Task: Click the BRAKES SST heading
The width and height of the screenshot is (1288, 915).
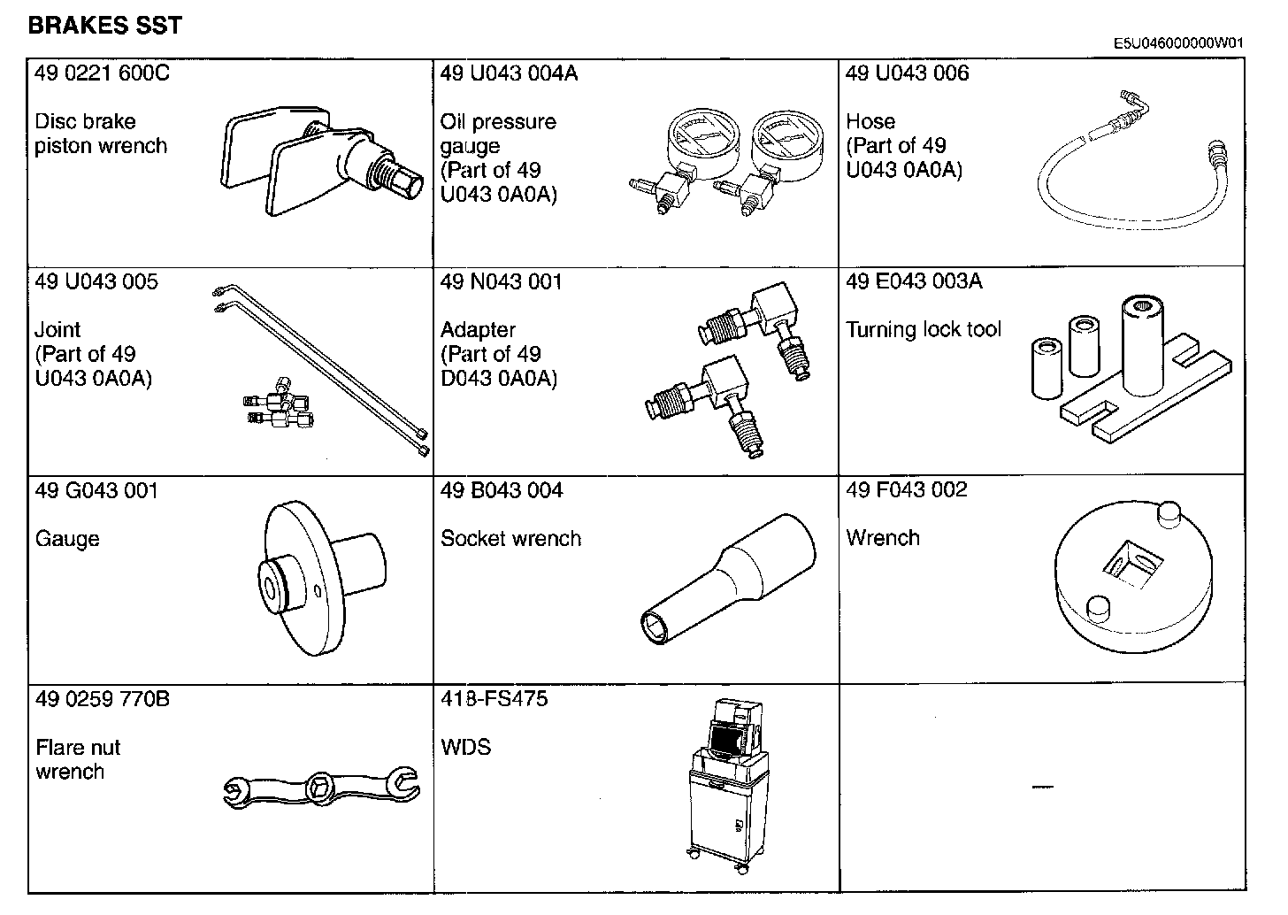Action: (104, 26)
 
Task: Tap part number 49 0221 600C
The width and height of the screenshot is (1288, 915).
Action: (102, 73)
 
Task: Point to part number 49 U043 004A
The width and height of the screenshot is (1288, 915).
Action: (509, 73)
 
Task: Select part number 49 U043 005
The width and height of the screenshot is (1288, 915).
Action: (96, 282)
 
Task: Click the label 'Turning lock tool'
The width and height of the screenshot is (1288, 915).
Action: (924, 330)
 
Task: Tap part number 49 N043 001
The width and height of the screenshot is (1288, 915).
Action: (501, 282)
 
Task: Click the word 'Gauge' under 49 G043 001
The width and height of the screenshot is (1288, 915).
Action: (67, 539)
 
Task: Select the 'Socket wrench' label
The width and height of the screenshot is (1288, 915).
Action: (510, 539)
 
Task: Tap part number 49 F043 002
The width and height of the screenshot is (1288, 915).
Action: (907, 490)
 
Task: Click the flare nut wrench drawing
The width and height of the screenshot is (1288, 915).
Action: (322, 788)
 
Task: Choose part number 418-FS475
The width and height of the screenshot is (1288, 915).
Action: (494, 699)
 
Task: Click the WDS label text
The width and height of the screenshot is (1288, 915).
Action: (465, 748)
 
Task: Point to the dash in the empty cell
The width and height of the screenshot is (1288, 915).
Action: (1043, 787)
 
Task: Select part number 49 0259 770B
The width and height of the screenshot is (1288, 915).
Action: (103, 699)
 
